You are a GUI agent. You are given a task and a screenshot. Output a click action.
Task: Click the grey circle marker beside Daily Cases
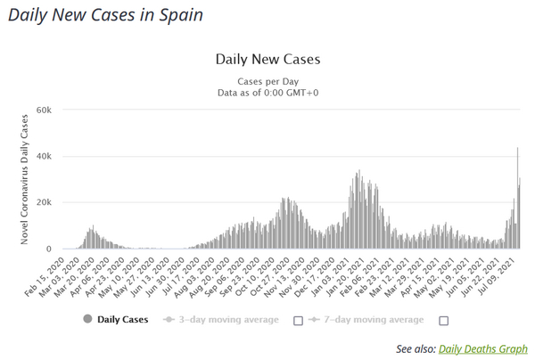click(x=86, y=319)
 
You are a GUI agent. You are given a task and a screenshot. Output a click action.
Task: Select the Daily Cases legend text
click(x=123, y=319)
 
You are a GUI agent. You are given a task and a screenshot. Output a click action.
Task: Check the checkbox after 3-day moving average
click(x=298, y=320)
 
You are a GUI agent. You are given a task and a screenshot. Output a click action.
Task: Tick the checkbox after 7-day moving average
click(x=443, y=320)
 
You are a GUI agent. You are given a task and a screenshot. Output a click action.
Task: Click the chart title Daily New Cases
click(x=267, y=60)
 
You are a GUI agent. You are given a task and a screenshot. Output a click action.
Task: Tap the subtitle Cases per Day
click(x=267, y=80)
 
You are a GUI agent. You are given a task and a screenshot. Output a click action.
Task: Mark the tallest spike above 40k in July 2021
click(x=517, y=150)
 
